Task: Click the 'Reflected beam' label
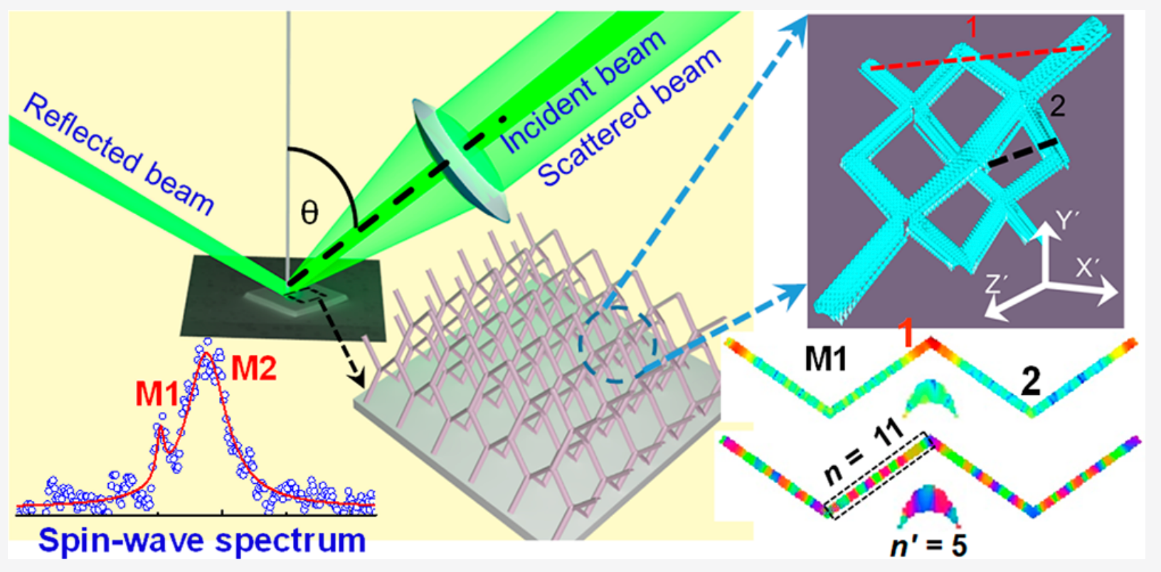coord(118,154)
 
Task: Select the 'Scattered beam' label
coord(629,117)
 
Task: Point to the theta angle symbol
coord(309,212)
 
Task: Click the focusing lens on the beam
coord(460,161)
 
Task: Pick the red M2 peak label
coord(253,369)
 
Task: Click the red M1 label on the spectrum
coord(157,393)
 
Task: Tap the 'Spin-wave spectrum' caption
coord(202,541)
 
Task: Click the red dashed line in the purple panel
coord(977,58)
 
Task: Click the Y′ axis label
coord(1066,220)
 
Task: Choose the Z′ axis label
coord(996,285)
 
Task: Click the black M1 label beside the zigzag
coord(826,359)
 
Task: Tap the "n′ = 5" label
coord(928,546)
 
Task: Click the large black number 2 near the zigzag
coord(1030,382)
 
